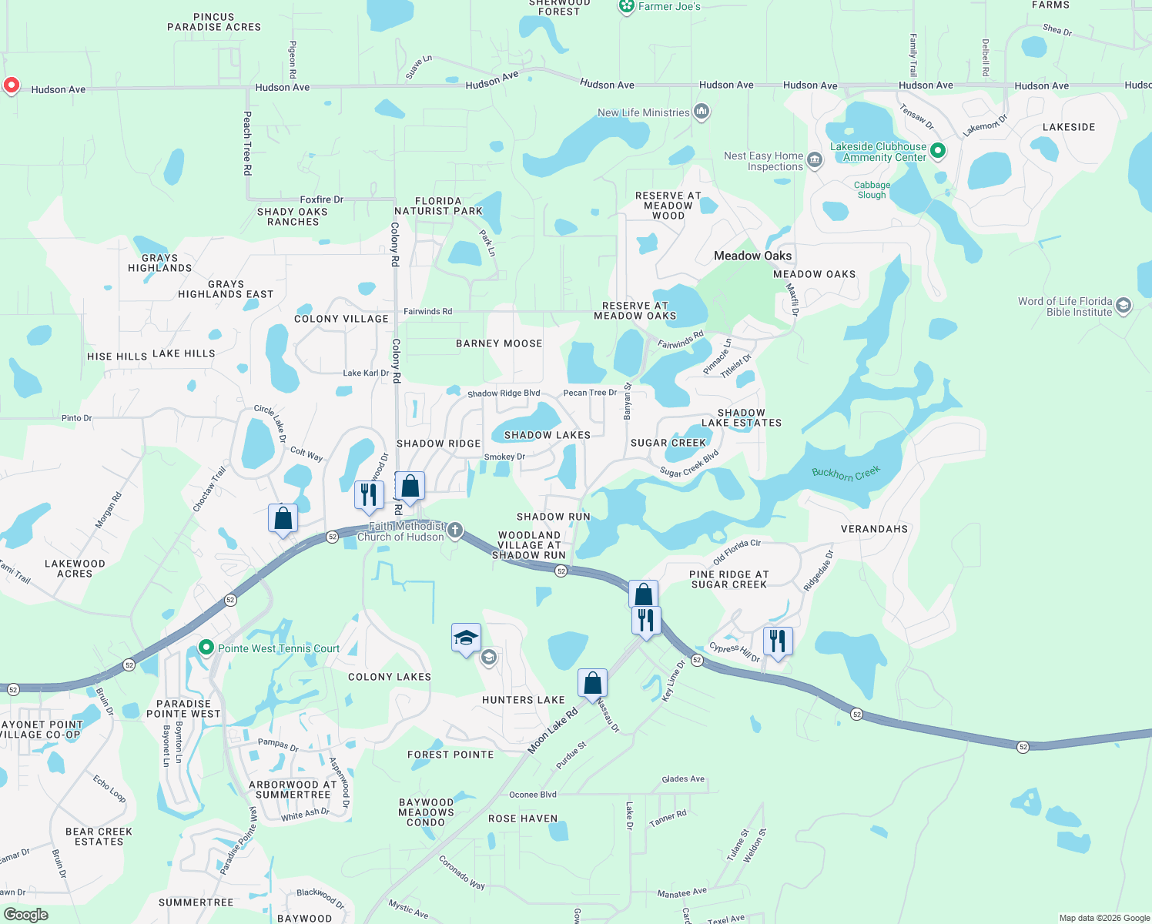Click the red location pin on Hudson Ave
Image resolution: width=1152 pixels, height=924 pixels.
pos(11,85)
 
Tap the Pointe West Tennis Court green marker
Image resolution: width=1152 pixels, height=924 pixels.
pos(206,648)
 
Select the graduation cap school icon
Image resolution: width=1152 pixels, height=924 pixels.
pos(466,638)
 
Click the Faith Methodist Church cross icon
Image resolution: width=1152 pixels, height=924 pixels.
pos(455,530)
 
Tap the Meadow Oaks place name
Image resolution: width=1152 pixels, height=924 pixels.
pos(752,256)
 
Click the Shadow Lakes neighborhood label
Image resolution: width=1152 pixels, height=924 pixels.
pos(547,435)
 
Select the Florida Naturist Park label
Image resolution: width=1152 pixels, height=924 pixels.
pos(438,206)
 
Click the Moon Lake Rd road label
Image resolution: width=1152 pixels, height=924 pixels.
pos(552,731)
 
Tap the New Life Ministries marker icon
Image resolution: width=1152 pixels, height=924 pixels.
pos(701,112)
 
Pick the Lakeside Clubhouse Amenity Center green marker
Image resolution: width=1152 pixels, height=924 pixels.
pos(938,151)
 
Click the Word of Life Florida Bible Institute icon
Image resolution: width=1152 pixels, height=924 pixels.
pos(1124,306)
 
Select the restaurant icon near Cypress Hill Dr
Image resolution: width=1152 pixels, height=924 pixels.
pos(778,641)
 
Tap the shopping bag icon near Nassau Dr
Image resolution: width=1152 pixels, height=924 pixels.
pos(592,683)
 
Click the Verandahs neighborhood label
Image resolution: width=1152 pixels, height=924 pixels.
pos(874,529)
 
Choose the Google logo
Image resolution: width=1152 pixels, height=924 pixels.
pos(26,914)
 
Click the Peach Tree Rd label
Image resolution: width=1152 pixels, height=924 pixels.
pos(247,143)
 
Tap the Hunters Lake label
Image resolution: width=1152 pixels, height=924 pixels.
pos(523,700)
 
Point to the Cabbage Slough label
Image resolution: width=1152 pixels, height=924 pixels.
pos(872,189)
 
